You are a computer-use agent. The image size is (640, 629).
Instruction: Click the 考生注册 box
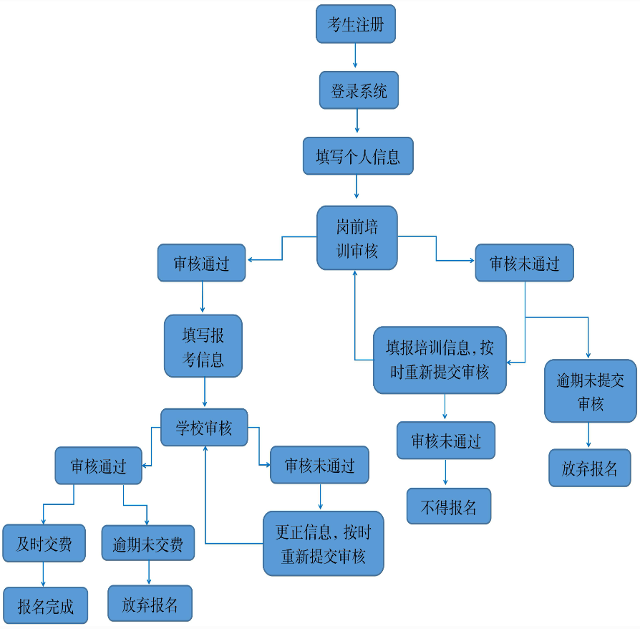[x=356, y=24]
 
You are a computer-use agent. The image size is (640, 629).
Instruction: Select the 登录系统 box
[x=359, y=91]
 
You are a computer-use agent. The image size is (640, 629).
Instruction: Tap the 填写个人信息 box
[x=358, y=156]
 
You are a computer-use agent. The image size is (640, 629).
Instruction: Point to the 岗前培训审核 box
[x=357, y=239]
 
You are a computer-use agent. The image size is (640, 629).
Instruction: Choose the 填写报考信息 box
[x=203, y=346]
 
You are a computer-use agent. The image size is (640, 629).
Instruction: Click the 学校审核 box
[x=204, y=428]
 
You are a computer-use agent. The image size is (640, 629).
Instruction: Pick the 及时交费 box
[x=44, y=543]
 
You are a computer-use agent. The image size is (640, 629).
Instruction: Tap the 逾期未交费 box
[x=148, y=544]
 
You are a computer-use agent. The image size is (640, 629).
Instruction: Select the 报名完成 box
[x=45, y=606]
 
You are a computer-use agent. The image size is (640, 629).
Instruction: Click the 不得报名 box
[x=449, y=506]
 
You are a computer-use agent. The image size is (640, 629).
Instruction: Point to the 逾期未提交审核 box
[x=590, y=391]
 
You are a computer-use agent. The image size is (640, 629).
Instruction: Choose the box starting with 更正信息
[x=324, y=543]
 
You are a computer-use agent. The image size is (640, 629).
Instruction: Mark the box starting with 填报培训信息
[x=440, y=360]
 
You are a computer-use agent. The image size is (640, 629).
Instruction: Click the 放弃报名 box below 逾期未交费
[x=150, y=604]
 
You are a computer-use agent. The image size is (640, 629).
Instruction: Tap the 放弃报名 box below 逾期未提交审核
[x=590, y=468]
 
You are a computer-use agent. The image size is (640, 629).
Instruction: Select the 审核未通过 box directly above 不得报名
[x=445, y=441]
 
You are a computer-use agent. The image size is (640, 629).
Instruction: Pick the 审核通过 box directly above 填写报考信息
[x=201, y=263]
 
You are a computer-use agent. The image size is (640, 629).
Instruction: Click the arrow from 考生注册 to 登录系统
[x=356, y=57]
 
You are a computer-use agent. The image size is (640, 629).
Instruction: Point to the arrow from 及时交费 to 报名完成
[x=44, y=574]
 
